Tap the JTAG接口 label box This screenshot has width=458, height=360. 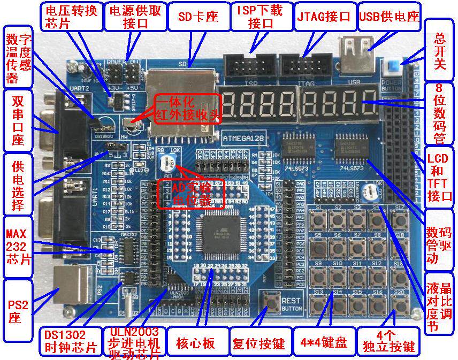pos(323,17)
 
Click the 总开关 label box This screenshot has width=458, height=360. pos(440,49)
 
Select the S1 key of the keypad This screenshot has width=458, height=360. pos(320,219)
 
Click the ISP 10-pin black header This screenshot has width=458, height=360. pos(251,67)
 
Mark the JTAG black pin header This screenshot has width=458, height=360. pos(304,67)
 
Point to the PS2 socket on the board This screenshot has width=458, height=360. pos(75,286)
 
